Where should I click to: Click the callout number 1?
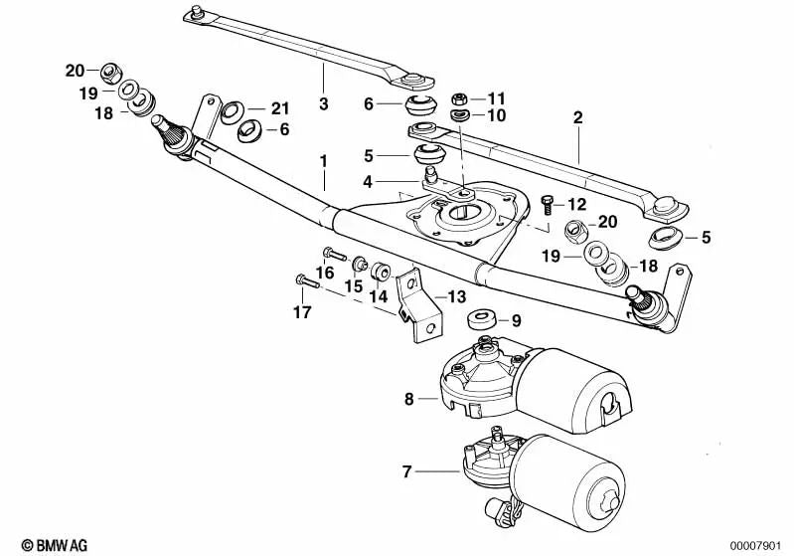click(322, 159)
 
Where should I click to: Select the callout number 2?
click(576, 117)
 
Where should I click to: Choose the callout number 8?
click(408, 400)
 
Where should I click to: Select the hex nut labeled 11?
click(460, 98)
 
